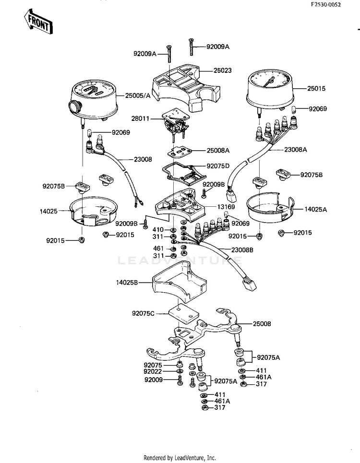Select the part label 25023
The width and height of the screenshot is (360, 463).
click(223, 70)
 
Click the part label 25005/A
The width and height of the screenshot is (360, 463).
click(138, 95)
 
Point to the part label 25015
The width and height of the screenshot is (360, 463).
click(316, 88)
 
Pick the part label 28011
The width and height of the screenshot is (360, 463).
click(141, 119)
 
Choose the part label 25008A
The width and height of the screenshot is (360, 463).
click(218, 150)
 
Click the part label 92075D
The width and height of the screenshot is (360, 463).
click(218, 166)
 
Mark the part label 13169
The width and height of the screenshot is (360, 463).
click(226, 207)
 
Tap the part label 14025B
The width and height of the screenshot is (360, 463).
click(127, 283)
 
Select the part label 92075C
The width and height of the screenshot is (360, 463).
click(143, 313)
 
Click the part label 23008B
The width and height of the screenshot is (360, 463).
click(242, 250)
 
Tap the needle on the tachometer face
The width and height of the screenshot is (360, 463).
click(269, 82)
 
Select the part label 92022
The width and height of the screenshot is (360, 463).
click(153, 371)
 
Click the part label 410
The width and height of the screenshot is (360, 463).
click(158, 229)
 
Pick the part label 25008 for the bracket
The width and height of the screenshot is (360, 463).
click(262, 324)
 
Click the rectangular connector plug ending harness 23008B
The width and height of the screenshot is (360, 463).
click(249, 285)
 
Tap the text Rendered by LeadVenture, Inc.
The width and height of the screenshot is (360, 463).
click(180, 458)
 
